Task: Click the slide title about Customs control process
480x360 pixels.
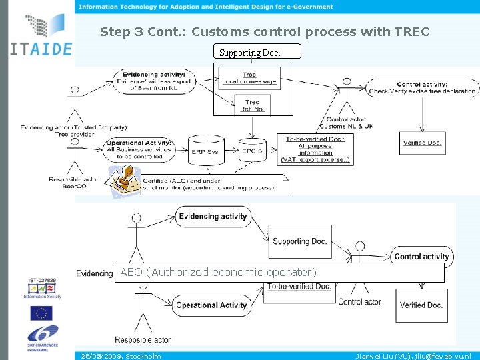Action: [x=264, y=32]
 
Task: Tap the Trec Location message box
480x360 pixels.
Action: [x=249, y=79]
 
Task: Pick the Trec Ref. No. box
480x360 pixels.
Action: [x=252, y=106]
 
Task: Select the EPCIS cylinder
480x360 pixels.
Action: [x=252, y=150]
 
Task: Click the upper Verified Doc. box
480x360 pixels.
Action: [x=421, y=143]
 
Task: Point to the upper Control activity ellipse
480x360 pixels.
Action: [x=421, y=88]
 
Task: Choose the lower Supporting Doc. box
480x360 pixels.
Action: [x=299, y=241]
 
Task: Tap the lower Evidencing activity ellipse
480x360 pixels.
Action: [x=213, y=217]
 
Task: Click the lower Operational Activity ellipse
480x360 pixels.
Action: [x=211, y=305]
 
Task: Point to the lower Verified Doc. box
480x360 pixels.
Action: [x=421, y=305]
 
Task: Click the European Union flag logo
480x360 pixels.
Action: [x=41, y=312]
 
